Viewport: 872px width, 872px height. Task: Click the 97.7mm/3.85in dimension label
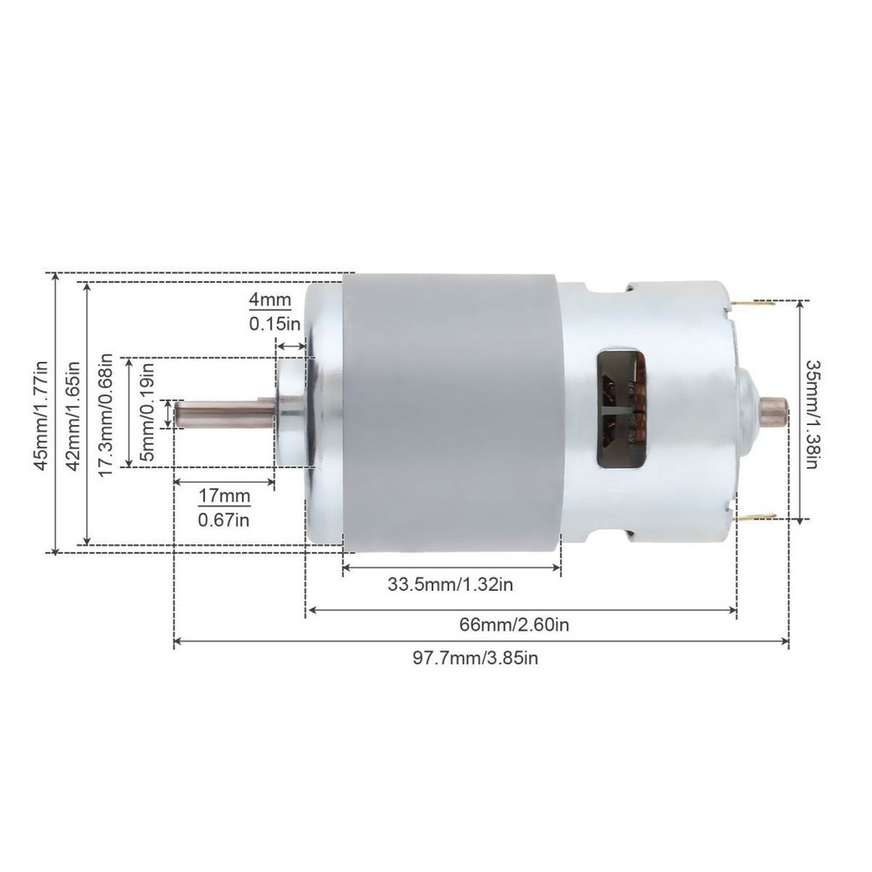pos(475,658)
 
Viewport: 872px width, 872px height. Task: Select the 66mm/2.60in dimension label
pos(513,625)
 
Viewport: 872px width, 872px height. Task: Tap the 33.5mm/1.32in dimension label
pos(450,585)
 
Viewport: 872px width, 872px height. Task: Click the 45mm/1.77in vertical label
pos(41,416)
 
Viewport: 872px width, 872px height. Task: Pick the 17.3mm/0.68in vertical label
pos(106,416)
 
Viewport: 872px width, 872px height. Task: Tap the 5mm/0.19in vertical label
pos(147,411)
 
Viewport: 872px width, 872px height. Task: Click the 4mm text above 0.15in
pos(270,301)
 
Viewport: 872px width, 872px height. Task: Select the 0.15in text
pos(274,324)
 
